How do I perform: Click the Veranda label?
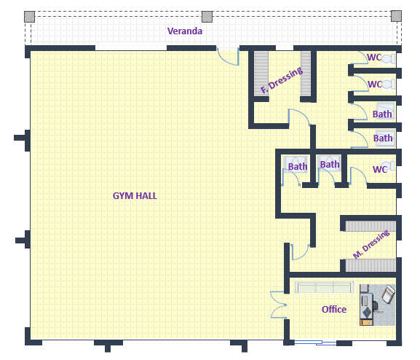click(x=185, y=31)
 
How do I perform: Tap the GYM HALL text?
click(x=135, y=196)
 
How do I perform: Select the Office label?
click(x=334, y=309)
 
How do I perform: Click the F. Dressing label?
click(x=282, y=80)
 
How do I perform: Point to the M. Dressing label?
click(x=371, y=244)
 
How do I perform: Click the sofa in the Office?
click(x=324, y=287)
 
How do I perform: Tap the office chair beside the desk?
click(x=388, y=294)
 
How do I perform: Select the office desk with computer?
click(x=366, y=305)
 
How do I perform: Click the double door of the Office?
click(x=278, y=305)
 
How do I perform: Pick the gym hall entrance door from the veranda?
click(x=228, y=57)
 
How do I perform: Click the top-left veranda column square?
click(x=29, y=17)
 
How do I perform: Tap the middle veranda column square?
click(x=207, y=17)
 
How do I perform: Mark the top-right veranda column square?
click(x=396, y=16)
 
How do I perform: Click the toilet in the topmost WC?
click(x=389, y=59)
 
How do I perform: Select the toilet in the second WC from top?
click(x=389, y=85)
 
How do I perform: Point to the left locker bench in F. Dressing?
click(x=261, y=74)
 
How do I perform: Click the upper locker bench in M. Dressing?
click(x=371, y=226)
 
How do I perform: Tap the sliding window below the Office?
click(x=315, y=343)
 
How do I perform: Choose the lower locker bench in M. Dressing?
click(x=371, y=265)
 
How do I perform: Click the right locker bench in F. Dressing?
click(x=306, y=74)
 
